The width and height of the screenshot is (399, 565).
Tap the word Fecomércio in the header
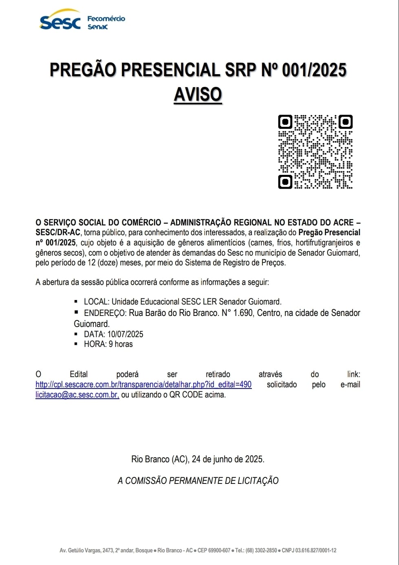point(106,19)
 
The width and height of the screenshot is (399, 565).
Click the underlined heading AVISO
point(198,94)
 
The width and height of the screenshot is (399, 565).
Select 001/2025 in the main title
point(314,70)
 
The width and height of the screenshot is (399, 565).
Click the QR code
point(315,152)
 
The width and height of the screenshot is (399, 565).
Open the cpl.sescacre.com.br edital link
point(143,384)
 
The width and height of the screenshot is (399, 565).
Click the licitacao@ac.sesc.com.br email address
point(77,395)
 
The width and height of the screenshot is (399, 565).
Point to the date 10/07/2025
point(125,334)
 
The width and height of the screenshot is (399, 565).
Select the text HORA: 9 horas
point(108,344)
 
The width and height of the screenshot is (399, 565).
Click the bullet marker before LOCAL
point(76,302)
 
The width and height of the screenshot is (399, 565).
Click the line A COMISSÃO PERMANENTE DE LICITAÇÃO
point(198,481)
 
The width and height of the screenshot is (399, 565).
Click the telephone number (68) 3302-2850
point(261,550)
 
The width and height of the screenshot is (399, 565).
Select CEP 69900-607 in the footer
point(214,550)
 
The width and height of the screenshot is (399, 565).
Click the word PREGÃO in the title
point(83,70)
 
